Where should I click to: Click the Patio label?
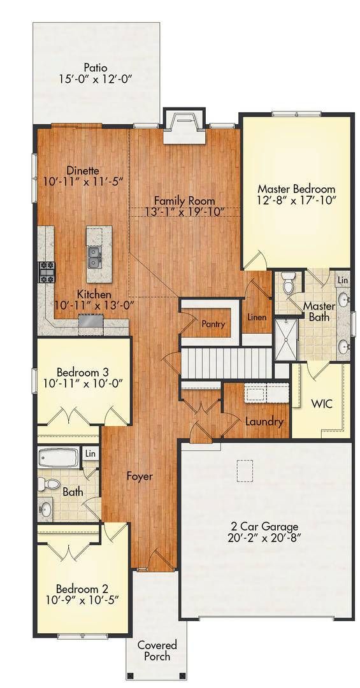point(96,68)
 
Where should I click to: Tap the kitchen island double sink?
point(94,257)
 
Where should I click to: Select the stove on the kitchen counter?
point(47,272)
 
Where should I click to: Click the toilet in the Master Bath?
point(289,283)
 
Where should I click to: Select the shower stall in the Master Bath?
point(286,340)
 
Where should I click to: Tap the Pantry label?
point(213,324)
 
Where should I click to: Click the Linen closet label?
point(256,317)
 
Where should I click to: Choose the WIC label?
point(321,404)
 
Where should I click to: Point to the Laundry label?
point(264,422)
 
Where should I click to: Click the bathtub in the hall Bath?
point(58,457)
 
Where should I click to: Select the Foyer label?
point(140,476)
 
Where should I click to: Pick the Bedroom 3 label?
point(83,372)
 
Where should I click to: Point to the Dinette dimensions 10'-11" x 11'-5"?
point(83,180)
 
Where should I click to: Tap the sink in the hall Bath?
point(45,510)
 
